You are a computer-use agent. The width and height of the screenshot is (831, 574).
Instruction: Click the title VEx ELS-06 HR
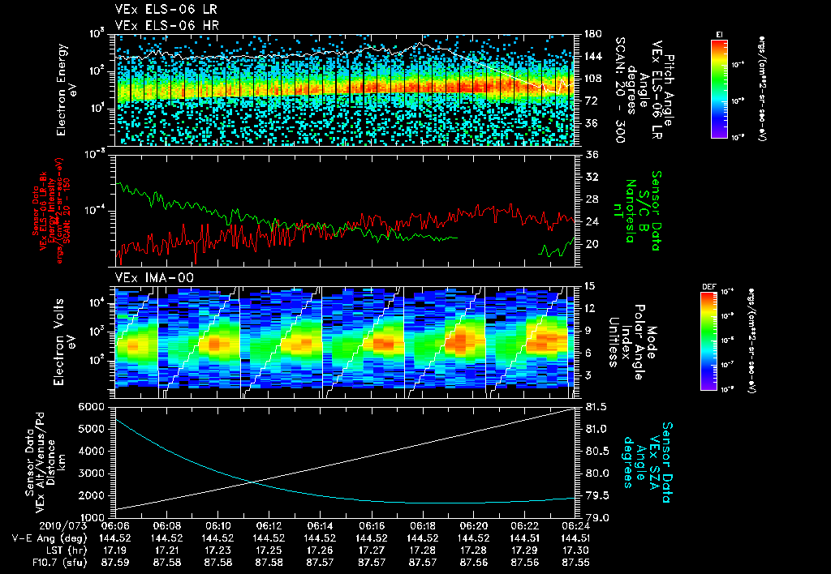pyautogui.click(x=158, y=25)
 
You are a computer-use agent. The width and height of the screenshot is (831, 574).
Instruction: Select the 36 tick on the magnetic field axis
pyautogui.click(x=591, y=155)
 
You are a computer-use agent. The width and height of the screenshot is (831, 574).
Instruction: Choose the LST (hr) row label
pyautogui.click(x=41, y=549)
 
